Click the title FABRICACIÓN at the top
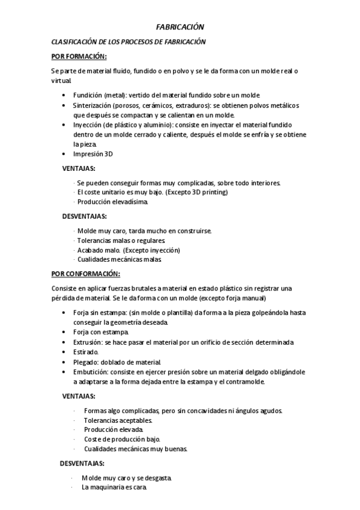pos(180,27)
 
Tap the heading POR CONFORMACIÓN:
pos(86,274)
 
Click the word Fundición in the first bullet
pos(87,96)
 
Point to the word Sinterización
pos(93,105)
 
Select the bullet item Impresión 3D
pos(93,154)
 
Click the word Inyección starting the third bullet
pos(88,125)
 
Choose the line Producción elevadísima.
pos(112,202)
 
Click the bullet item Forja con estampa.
pos(101,333)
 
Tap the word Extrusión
pos(88,342)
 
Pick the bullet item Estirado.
pos(86,352)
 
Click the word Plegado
pos(87,362)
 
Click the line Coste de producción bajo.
pos(122,440)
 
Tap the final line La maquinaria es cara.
pos(114,488)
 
